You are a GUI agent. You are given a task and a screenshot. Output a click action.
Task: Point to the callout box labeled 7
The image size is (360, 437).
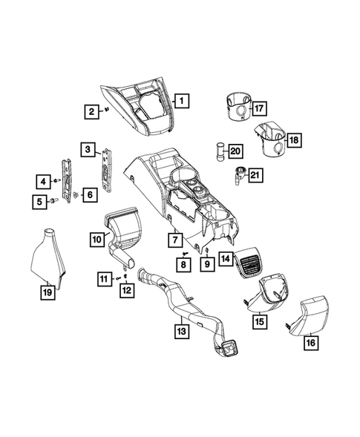coord(175,240)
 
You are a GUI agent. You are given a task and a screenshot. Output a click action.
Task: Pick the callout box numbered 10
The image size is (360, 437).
coord(97,239)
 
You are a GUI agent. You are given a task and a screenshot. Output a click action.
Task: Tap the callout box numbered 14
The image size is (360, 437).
coord(226,260)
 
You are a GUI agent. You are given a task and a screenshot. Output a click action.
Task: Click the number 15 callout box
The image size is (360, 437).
coord(259,321)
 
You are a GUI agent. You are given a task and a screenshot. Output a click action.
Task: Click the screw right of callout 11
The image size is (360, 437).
coord(119,278)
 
